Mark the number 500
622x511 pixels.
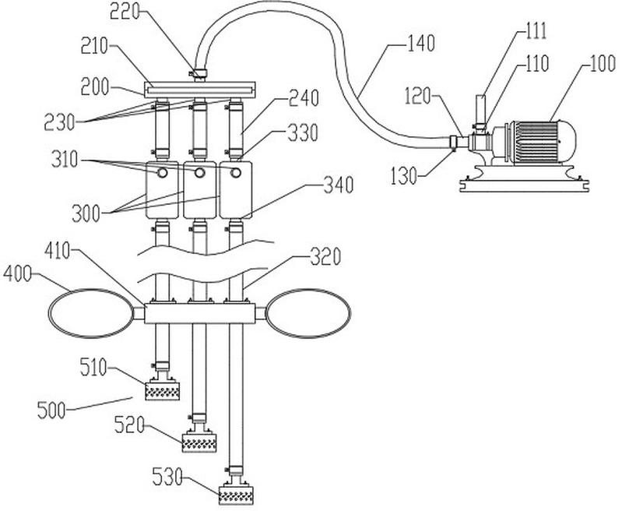53,407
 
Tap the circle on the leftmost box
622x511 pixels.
163,171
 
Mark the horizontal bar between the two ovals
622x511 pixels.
200,313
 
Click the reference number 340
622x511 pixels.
338,185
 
